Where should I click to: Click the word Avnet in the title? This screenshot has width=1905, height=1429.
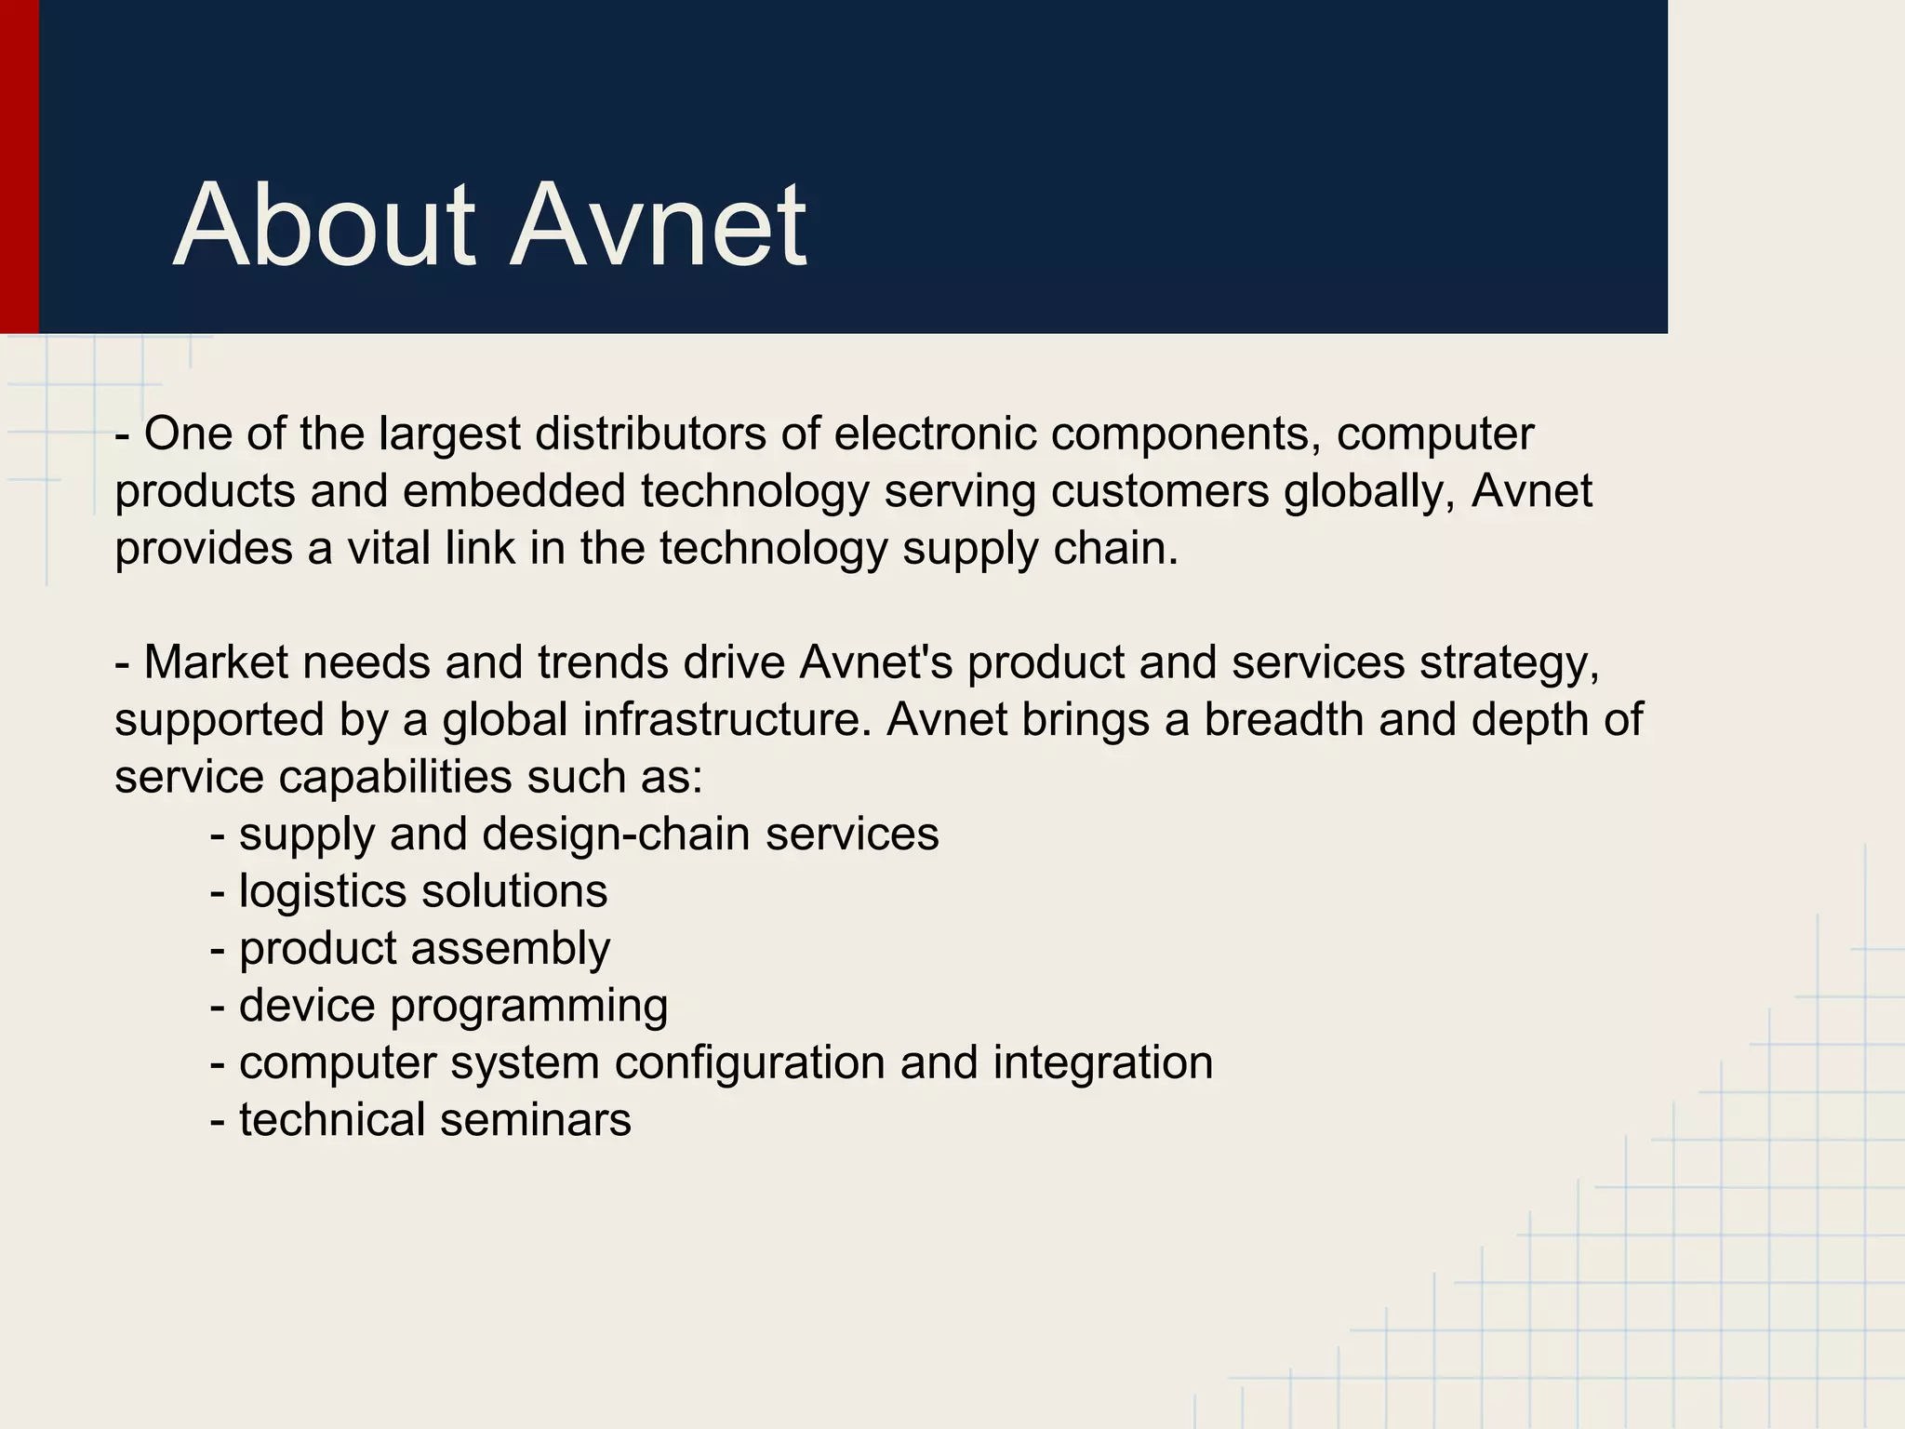click(x=659, y=226)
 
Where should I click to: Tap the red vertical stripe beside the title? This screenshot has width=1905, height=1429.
click(x=19, y=167)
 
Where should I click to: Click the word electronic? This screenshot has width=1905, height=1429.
click(x=934, y=434)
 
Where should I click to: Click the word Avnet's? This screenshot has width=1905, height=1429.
click(x=875, y=662)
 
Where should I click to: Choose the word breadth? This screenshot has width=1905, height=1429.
click(x=1283, y=719)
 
